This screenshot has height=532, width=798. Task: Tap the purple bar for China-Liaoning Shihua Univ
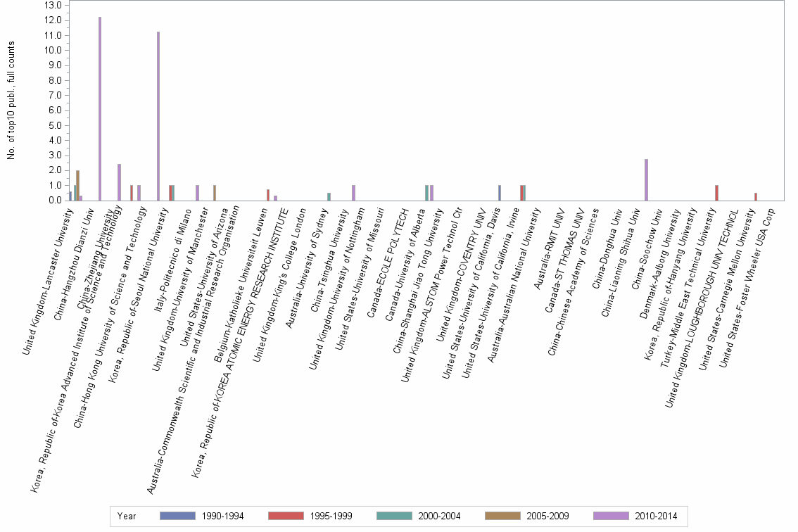click(646, 180)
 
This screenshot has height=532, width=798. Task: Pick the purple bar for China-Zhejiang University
click(120, 182)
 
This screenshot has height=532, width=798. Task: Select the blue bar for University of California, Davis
click(500, 193)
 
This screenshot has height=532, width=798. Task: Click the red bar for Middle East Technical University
click(716, 193)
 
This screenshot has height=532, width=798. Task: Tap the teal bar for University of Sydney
click(329, 197)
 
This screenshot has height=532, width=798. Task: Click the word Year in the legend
click(127, 517)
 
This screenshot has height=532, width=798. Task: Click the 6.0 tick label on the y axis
click(52, 110)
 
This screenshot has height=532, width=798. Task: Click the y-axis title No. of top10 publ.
click(11, 101)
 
